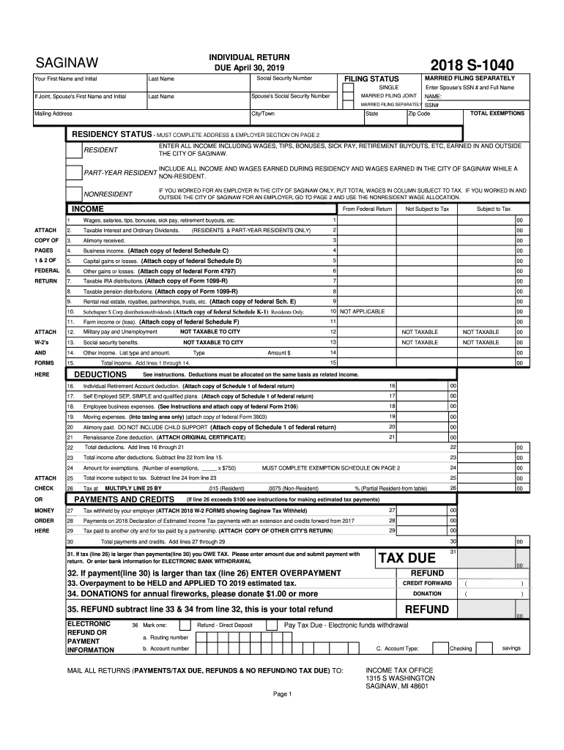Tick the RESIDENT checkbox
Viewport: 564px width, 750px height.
click(74, 150)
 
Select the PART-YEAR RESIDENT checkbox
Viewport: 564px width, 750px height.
click(74, 173)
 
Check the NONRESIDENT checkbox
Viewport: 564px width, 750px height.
click(74, 194)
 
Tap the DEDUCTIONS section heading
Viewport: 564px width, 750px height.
click(101, 374)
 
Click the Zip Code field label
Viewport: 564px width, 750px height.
click(420, 114)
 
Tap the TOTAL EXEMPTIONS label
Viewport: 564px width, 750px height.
click(497, 114)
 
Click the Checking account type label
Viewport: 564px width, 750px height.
click(461, 648)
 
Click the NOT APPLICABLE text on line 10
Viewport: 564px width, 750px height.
click(362, 311)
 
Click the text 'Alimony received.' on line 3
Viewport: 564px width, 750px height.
click(104, 240)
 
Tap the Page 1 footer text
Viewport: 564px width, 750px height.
click(282, 694)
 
